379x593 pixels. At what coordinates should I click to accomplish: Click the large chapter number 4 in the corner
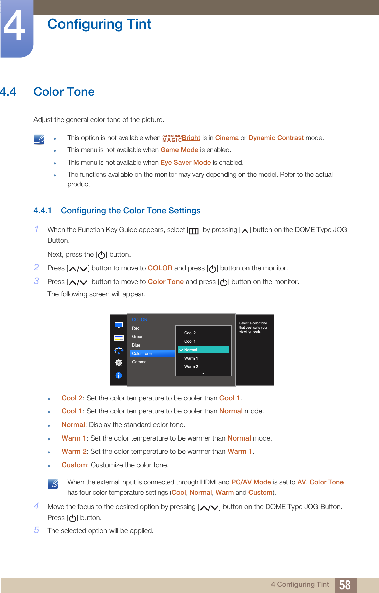(14, 26)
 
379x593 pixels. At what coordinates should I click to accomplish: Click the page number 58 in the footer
(345, 585)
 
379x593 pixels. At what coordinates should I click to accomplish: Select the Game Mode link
(179, 150)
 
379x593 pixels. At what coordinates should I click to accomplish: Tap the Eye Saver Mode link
(186, 163)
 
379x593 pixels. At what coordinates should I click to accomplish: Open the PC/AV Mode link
(251, 482)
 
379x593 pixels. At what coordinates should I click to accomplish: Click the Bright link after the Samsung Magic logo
(191, 138)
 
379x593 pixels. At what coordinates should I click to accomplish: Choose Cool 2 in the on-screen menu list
(190, 333)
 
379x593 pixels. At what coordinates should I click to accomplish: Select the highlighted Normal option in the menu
(203, 350)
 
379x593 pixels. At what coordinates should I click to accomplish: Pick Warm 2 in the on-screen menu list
(191, 367)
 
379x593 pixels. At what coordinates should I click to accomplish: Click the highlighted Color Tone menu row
(152, 354)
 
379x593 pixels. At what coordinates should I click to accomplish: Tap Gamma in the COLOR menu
(139, 362)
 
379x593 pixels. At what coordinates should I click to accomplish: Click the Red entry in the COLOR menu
(136, 328)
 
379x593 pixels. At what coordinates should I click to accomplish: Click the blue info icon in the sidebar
(119, 375)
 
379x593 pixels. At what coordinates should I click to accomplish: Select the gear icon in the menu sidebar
(119, 363)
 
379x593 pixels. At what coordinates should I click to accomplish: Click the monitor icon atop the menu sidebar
(119, 325)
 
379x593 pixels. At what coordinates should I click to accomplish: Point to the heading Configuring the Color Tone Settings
(131, 211)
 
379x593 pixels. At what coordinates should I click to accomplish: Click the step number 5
(37, 530)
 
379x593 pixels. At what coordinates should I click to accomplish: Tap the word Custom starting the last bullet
(74, 465)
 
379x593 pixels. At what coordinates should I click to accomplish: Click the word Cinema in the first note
(227, 138)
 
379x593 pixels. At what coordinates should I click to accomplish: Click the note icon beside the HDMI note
(53, 484)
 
